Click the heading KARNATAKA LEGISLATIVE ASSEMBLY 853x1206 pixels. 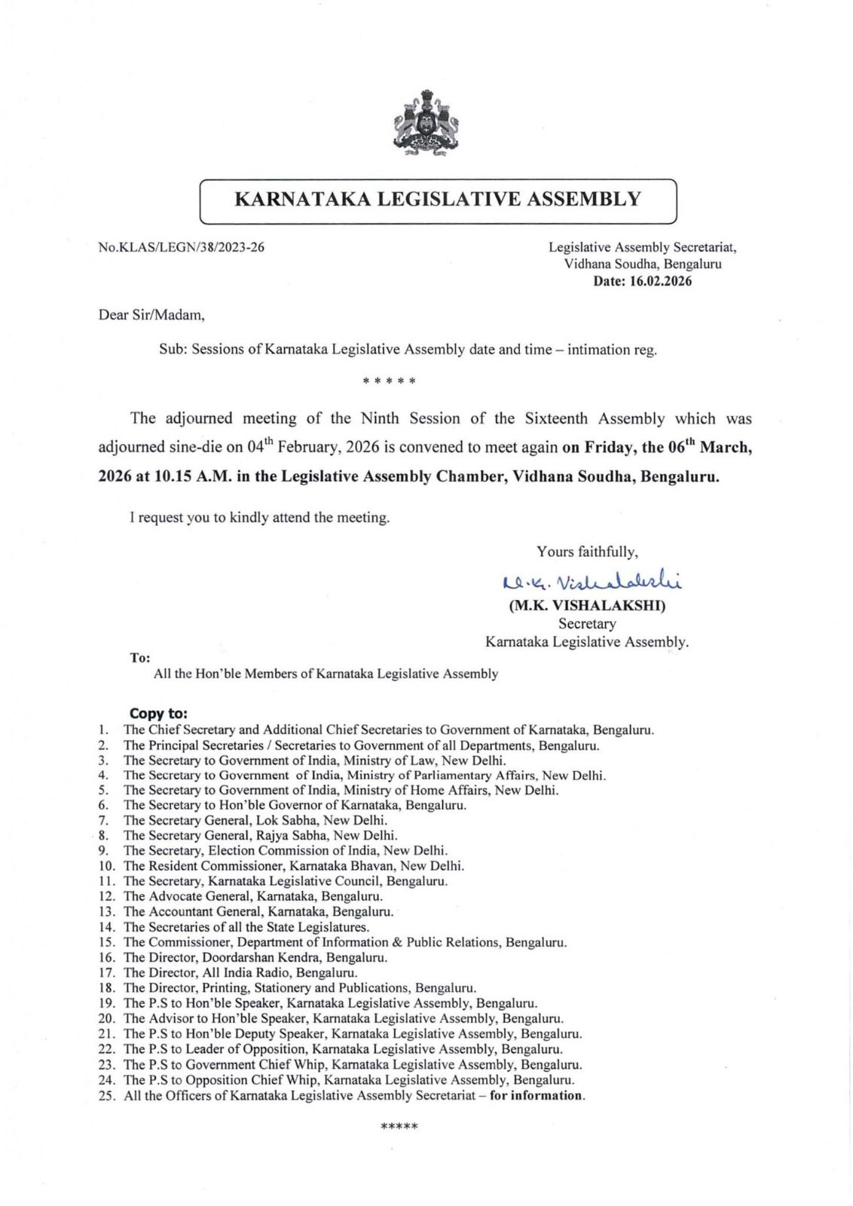(x=438, y=199)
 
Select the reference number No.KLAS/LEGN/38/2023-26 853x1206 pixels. (x=182, y=247)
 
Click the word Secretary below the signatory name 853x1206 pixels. (x=587, y=624)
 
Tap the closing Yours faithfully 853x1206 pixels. (x=587, y=552)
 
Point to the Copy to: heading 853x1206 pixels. (x=158, y=713)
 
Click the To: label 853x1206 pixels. (x=140, y=657)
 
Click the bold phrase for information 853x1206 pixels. (x=537, y=1095)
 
